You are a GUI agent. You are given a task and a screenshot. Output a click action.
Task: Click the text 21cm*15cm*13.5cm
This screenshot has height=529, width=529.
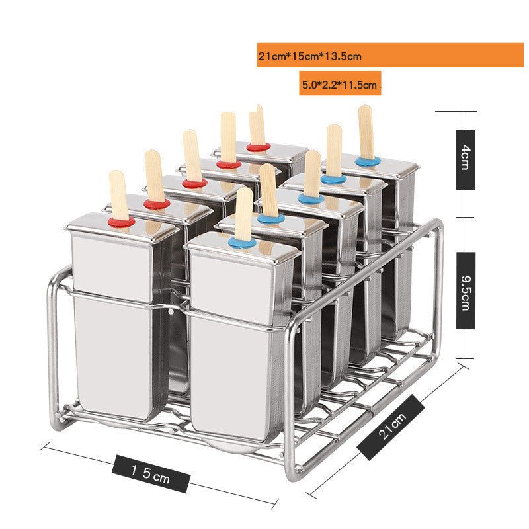click(310, 56)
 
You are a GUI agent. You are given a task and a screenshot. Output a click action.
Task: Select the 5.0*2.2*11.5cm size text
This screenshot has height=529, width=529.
click(339, 85)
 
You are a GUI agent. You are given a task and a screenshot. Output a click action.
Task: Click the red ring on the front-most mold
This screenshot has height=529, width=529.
click(122, 222)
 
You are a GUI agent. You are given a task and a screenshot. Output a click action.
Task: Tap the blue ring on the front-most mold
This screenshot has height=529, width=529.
click(242, 243)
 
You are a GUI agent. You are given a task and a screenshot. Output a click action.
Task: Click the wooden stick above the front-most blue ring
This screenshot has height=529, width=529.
click(243, 212)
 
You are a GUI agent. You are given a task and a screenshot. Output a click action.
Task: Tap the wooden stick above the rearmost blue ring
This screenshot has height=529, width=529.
click(366, 131)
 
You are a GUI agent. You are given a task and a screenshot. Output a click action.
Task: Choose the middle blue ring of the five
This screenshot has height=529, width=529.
click(306, 198)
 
